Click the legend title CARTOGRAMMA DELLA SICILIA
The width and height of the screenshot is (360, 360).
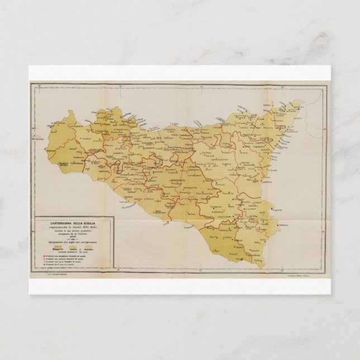pos(73,224)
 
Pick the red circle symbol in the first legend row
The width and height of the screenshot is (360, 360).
pos(42,255)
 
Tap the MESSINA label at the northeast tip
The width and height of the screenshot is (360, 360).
pos(296,106)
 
